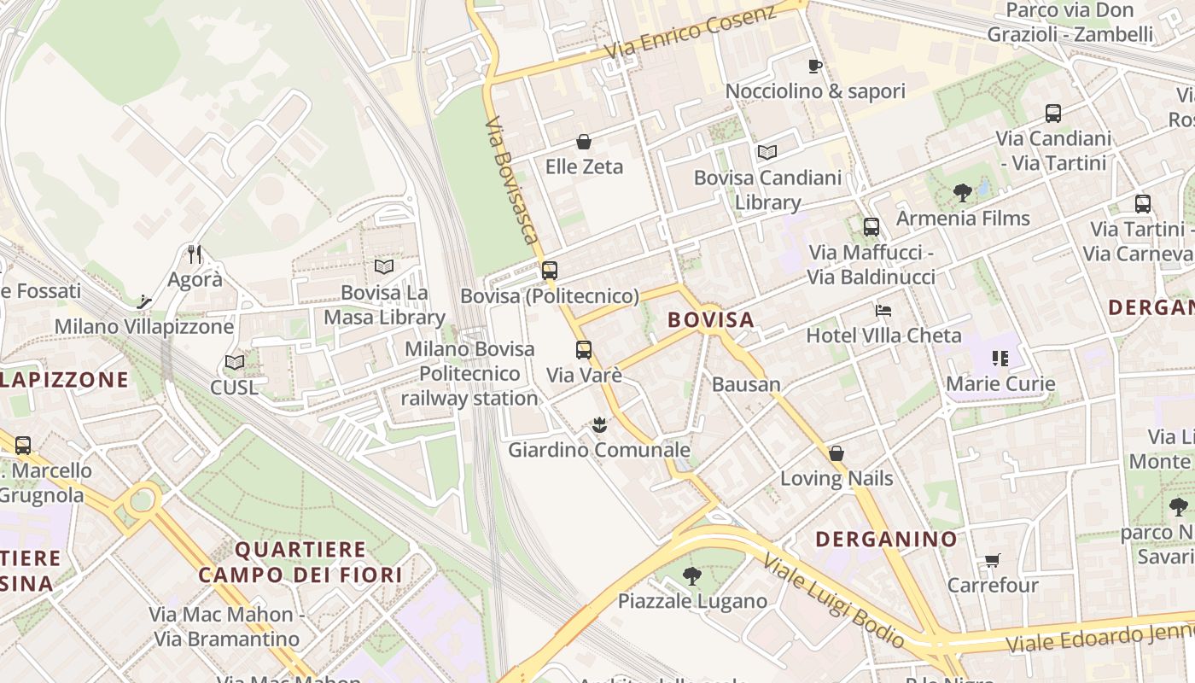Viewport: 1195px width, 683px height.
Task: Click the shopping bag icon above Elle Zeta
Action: tap(584, 141)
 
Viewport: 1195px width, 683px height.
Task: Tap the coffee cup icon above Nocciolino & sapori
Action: tap(814, 66)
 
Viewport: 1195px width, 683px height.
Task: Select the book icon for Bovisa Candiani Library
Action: tap(767, 152)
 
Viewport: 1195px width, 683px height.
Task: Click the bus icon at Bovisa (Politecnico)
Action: tap(550, 271)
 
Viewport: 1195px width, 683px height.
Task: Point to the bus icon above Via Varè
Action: tap(584, 349)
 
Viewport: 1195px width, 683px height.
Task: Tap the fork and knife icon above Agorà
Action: tap(195, 254)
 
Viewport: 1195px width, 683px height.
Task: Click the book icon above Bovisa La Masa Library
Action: tap(384, 267)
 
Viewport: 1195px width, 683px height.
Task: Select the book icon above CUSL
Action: tap(235, 362)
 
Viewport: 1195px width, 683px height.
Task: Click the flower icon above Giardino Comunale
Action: tap(599, 423)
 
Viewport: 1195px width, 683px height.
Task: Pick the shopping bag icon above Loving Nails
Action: tap(836, 452)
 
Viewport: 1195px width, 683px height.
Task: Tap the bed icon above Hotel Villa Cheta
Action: tap(883, 310)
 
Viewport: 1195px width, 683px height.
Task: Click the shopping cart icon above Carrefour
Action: tap(992, 561)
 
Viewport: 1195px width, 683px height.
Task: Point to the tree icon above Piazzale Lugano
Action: tap(692, 576)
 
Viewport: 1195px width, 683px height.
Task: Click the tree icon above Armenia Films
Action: tap(963, 193)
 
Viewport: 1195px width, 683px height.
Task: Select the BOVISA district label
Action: tap(711, 320)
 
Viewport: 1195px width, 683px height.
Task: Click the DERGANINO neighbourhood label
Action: tap(886, 540)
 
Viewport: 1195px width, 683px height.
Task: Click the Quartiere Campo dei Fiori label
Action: tap(300, 562)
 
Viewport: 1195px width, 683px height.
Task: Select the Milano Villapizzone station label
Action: tap(144, 326)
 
